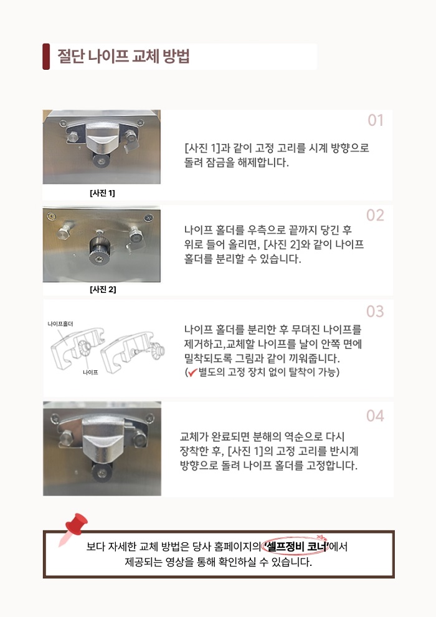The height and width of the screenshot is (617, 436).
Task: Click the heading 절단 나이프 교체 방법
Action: click(x=123, y=56)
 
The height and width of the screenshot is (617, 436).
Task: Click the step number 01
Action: click(x=376, y=120)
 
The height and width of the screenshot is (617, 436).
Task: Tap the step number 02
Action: click(x=375, y=215)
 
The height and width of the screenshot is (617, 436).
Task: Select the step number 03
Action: click(x=375, y=311)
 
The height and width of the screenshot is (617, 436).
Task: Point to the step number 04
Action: click(x=375, y=416)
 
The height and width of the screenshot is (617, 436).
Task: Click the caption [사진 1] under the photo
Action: click(x=102, y=193)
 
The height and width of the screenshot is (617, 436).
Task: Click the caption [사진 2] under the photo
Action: click(x=103, y=290)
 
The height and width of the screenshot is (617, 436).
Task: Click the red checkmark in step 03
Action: click(x=192, y=372)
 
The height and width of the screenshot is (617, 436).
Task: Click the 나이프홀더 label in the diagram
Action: click(x=60, y=324)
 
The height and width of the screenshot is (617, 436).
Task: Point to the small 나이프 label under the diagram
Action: click(x=90, y=372)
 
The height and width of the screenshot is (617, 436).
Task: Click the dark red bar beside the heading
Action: click(x=46, y=56)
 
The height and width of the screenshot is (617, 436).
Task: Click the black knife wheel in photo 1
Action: click(x=102, y=161)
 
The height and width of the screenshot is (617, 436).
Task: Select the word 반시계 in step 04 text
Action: click(x=347, y=451)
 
